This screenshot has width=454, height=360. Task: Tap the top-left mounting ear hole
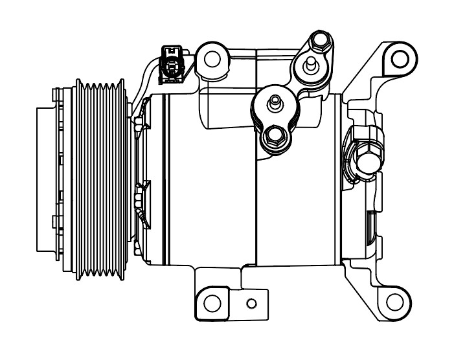click(x=212, y=58)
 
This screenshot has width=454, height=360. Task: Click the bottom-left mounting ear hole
click(x=211, y=302)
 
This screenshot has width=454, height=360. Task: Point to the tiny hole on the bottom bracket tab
click(x=251, y=303)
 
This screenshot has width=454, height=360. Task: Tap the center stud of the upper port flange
click(x=312, y=65)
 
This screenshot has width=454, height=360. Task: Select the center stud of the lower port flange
click(x=275, y=102)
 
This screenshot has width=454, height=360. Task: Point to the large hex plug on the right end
click(x=367, y=157)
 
